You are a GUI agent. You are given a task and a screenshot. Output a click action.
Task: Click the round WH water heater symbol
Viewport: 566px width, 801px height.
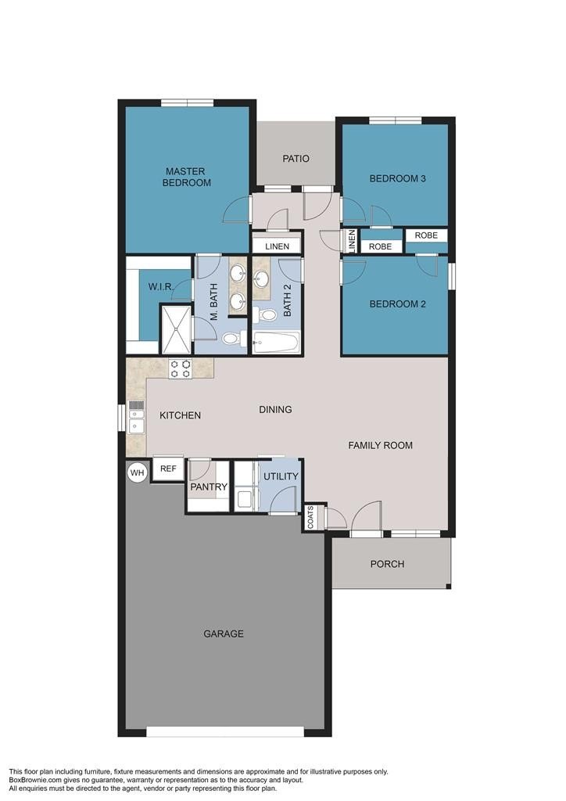(138, 472)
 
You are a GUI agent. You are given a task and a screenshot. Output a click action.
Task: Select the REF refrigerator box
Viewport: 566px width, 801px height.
(168, 469)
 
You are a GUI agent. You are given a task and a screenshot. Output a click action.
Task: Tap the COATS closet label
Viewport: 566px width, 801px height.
(310, 518)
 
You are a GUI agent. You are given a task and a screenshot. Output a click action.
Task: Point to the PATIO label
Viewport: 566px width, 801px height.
(296, 159)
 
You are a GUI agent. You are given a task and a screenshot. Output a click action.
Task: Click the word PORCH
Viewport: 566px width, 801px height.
(387, 564)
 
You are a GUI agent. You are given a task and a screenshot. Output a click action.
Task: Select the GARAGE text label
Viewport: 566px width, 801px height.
(224, 634)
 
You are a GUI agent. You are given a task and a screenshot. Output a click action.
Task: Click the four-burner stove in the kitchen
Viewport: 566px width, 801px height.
(181, 368)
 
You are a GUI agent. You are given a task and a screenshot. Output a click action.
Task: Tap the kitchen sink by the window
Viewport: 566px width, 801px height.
(136, 417)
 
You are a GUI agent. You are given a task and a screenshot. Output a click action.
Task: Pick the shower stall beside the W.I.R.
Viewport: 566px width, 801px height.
(175, 330)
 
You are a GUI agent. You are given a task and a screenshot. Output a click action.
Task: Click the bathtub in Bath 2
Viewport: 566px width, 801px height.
(276, 342)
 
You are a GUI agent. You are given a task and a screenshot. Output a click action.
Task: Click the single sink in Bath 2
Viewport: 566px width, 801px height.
(261, 279)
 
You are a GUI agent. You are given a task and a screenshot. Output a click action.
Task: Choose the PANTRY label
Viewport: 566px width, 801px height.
(209, 487)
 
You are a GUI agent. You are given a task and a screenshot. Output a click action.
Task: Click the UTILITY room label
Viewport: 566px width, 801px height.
(280, 476)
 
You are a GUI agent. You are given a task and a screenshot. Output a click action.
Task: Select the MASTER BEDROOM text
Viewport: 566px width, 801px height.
(187, 177)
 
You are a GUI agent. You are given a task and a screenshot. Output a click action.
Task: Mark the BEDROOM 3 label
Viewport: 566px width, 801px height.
(397, 178)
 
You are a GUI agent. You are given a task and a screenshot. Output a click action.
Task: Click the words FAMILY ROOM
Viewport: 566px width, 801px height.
(380, 445)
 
